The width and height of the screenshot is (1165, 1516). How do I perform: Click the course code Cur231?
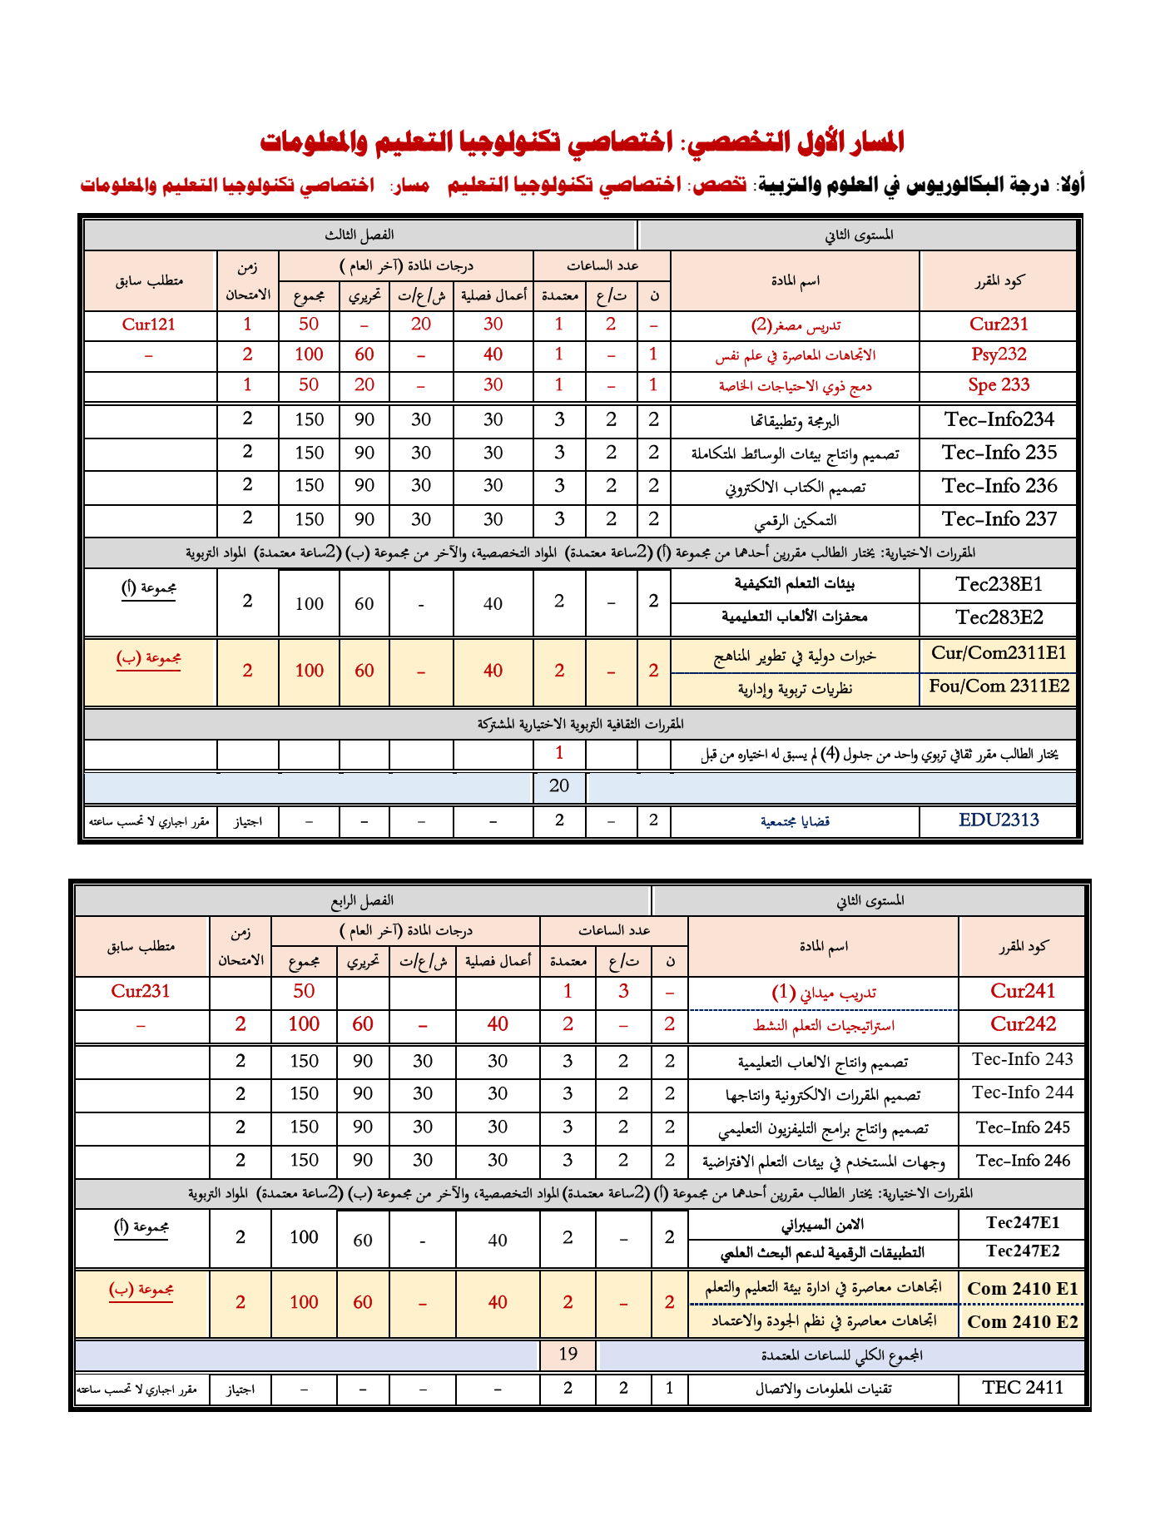(x=999, y=325)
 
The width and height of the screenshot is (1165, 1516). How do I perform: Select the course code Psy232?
(x=999, y=354)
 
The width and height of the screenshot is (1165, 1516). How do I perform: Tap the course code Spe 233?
(x=999, y=384)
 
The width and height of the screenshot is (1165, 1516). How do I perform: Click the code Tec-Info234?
(x=999, y=419)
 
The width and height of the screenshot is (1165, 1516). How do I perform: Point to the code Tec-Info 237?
(x=999, y=519)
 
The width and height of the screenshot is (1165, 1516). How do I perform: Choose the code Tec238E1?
(x=999, y=584)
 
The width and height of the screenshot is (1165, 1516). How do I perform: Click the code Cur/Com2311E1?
(x=999, y=653)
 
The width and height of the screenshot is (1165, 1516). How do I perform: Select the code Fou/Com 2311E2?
(x=999, y=686)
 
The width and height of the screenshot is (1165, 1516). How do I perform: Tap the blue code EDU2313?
(x=999, y=820)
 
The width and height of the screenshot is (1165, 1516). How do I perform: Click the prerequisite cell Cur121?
(x=149, y=325)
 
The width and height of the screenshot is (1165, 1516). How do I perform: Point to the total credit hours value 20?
(x=559, y=785)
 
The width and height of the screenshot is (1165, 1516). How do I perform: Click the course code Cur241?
(x=1023, y=991)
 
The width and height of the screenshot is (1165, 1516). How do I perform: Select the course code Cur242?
(x=1023, y=1024)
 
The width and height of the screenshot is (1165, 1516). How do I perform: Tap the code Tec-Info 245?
(x=1023, y=1127)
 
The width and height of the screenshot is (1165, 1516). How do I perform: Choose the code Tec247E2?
(x=1023, y=1251)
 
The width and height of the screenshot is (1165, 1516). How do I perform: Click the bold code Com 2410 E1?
(x=1023, y=1289)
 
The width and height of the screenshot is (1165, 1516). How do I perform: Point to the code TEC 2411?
(x=1023, y=1387)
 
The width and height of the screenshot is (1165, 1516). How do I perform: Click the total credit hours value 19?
(x=568, y=1354)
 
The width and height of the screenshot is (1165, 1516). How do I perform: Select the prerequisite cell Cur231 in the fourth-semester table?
(x=141, y=991)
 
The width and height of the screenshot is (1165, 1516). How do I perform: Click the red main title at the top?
(x=582, y=142)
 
